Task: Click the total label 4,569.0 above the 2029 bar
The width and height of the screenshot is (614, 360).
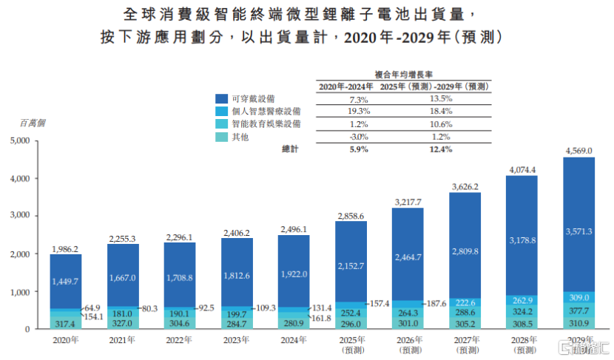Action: pyautogui.click(x=579, y=151)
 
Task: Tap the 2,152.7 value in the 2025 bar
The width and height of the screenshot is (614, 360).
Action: pyautogui.click(x=351, y=265)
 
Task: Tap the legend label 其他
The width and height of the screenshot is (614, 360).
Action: pyautogui.click(x=241, y=137)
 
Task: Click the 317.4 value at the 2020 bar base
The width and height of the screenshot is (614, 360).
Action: pyautogui.click(x=66, y=323)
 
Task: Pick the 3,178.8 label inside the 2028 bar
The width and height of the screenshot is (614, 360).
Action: pyautogui.click(x=522, y=240)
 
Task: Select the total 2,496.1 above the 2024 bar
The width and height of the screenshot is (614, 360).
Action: pyautogui.click(x=294, y=229)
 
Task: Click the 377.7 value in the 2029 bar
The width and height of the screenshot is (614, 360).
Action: pyautogui.click(x=579, y=310)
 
